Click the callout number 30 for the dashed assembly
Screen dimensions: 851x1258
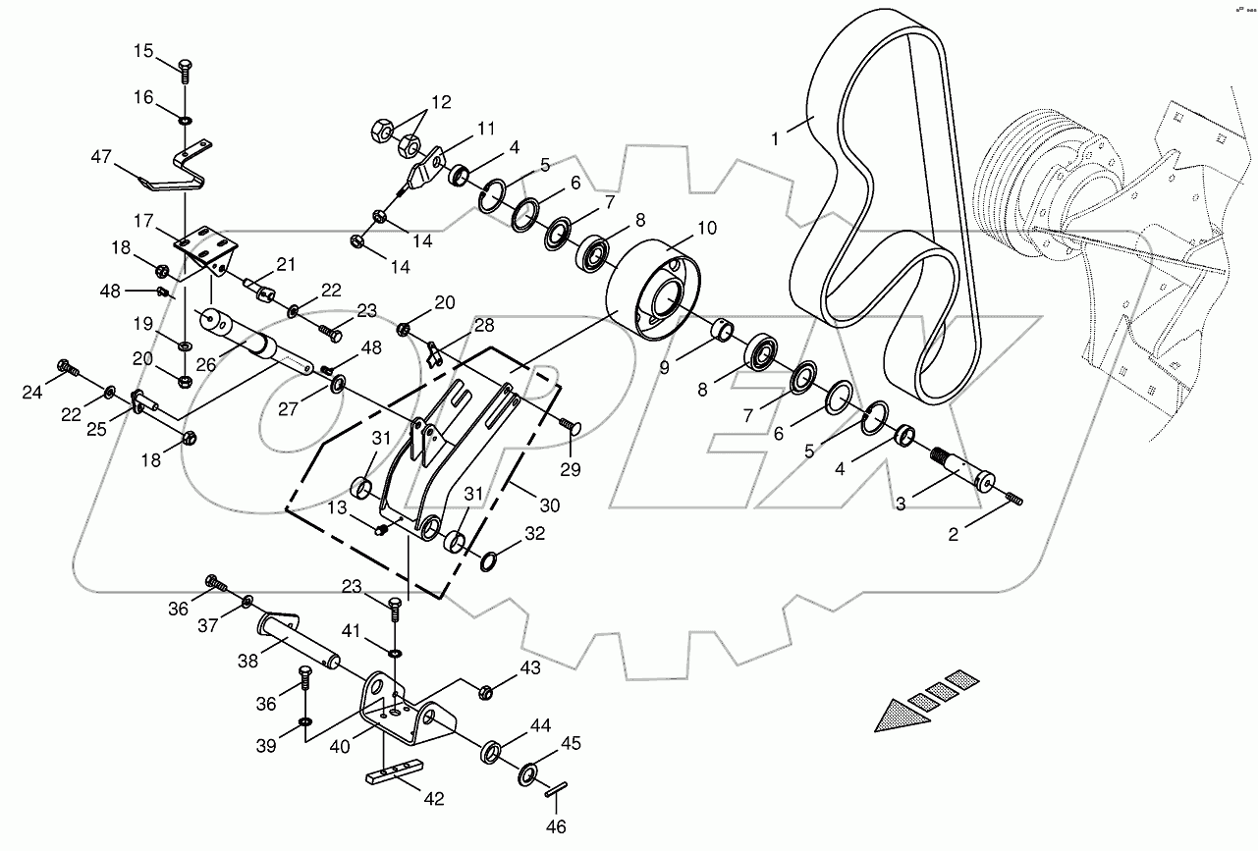tap(549, 506)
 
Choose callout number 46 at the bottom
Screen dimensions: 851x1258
tap(557, 826)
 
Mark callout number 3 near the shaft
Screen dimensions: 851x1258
tap(900, 504)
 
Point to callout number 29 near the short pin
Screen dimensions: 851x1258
tap(570, 470)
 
